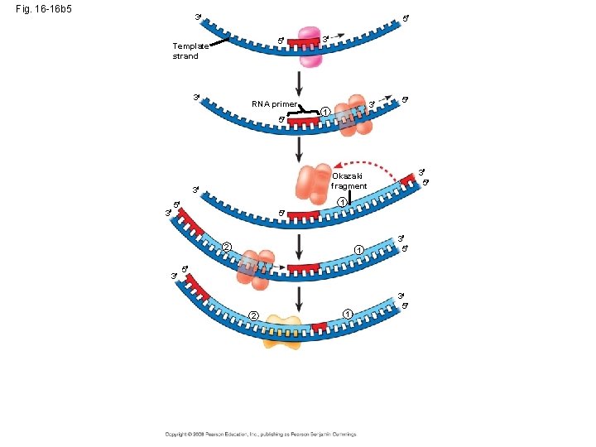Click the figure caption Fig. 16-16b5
49,9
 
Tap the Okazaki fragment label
348,180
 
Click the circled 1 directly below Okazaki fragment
341,203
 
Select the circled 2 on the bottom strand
254,314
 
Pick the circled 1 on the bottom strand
348,312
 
